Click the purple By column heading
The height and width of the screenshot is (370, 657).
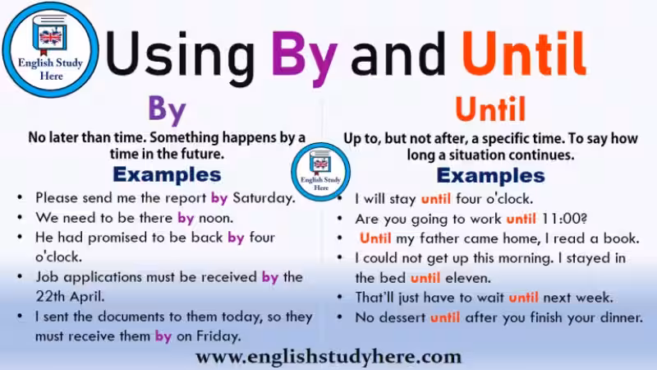[x=167, y=109]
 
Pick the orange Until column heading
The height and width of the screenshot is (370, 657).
[x=490, y=109]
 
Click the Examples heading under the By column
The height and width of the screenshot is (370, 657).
[x=167, y=174]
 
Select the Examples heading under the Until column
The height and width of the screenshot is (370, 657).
[x=490, y=175]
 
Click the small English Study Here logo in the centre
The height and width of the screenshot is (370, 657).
[x=321, y=171]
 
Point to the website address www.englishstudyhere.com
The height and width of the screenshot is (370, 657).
[x=328, y=356]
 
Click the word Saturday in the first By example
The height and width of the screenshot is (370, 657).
[x=262, y=198]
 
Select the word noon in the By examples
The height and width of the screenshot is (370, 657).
[x=216, y=218]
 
